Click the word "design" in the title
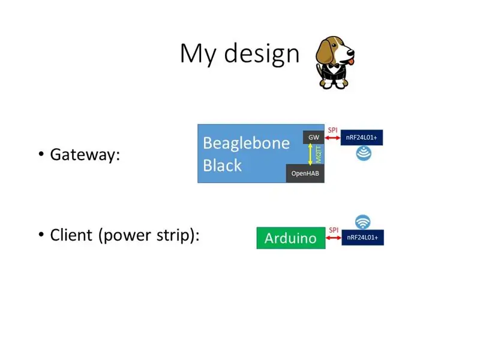point(262,54)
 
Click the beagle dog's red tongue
point(351,62)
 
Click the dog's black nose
point(351,52)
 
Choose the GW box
point(313,137)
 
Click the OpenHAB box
point(305,173)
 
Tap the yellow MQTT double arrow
point(310,154)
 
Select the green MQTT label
point(319,154)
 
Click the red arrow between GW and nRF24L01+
point(332,138)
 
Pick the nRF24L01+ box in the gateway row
point(362,137)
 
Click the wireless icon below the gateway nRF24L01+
point(364,153)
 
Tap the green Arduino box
point(291,238)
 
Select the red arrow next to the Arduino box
point(334,238)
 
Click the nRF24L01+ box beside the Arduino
point(362,238)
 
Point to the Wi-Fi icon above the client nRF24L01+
point(363,222)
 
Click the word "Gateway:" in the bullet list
point(85,155)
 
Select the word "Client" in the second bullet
point(71,235)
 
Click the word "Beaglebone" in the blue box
point(246,143)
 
